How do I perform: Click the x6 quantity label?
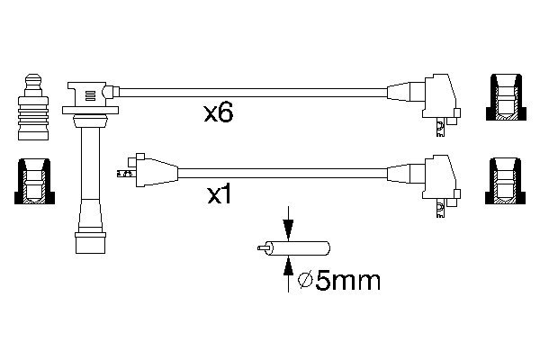click(x=219, y=113)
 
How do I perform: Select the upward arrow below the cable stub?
click(x=288, y=266)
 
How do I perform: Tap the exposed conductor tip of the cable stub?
click(x=263, y=247)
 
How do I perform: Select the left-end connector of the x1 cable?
click(x=144, y=168)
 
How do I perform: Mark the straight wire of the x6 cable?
click(x=252, y=90)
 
